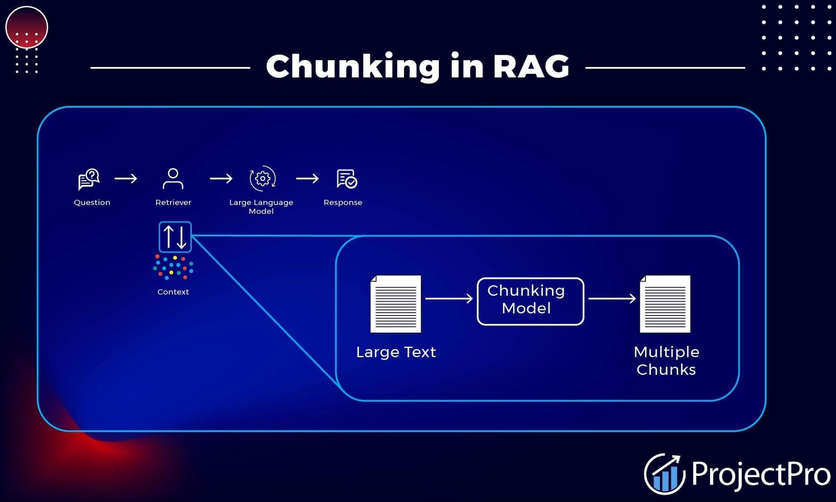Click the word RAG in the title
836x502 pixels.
click(531, 67)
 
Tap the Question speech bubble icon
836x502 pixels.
click(89, 179)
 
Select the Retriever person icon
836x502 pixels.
click(173, 179)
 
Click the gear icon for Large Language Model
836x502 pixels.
click(262, 179)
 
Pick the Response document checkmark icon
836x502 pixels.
click(346, 179)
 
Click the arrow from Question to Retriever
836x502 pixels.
click(125, 179)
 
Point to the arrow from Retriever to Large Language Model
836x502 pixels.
click(221, 179)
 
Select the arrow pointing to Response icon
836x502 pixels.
click(307, 179)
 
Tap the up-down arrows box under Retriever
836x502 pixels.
click(175, 237)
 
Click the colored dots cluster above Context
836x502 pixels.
click(173, 267)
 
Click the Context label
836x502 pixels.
click(173, 292)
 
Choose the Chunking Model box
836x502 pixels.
click(530, 301)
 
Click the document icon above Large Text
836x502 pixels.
click(396, 304)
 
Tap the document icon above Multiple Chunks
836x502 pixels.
click(665, 304)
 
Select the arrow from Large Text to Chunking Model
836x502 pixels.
click(449, 298)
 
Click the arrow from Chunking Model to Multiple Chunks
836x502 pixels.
click(612, 298)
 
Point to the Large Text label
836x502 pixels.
click(396, 352)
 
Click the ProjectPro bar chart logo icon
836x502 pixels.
click(665, 474)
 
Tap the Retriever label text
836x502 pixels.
click(173, 202)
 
